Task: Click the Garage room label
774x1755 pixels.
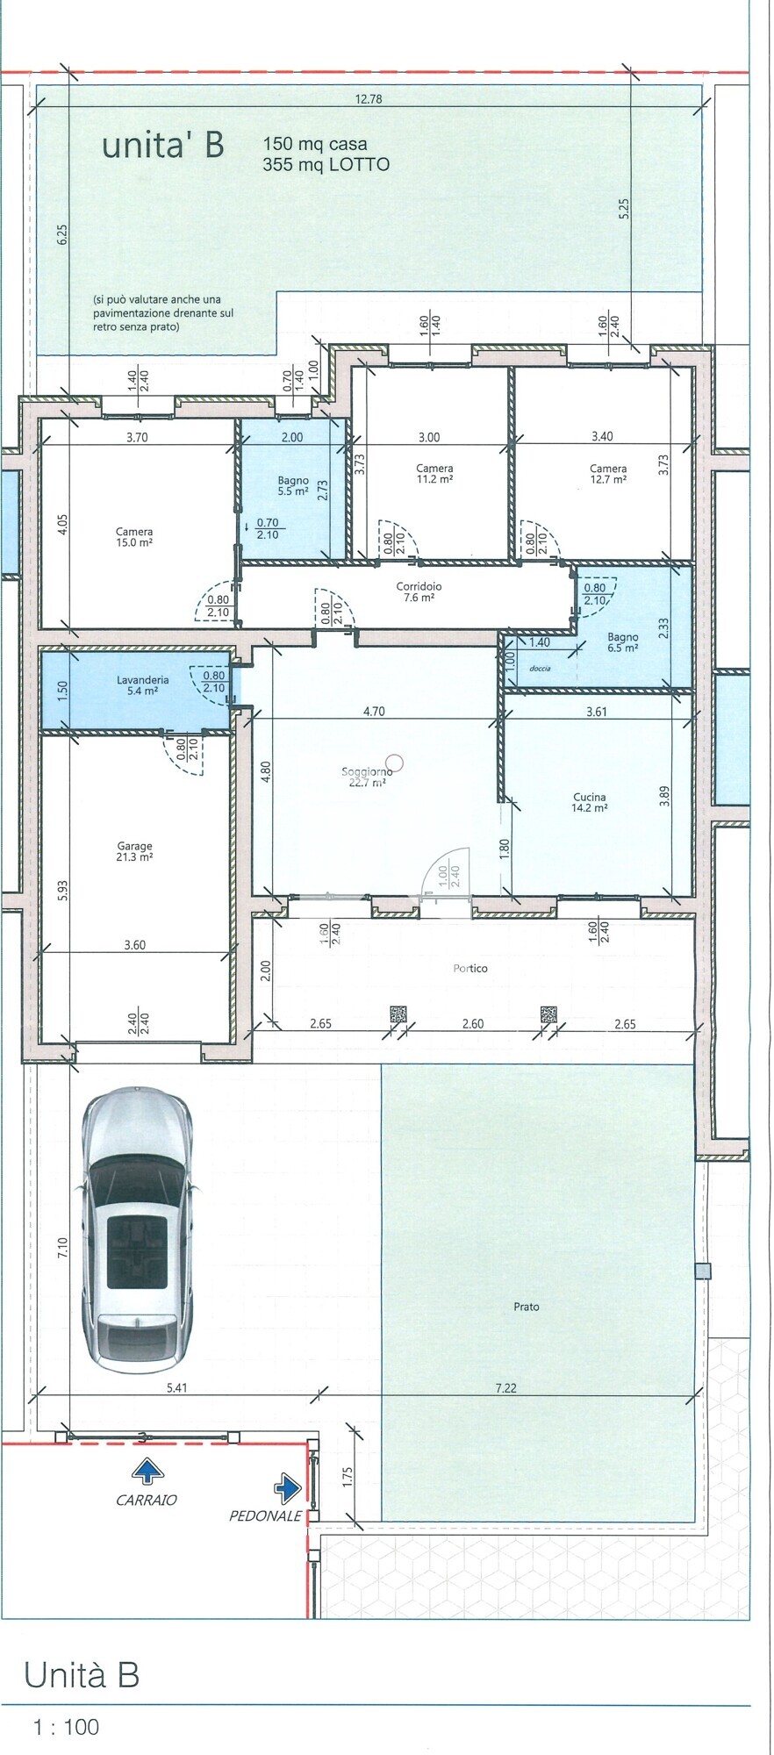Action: tap(135, 852)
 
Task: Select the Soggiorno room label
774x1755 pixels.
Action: tap(367, 777)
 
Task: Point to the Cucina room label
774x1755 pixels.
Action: tap(589, 803)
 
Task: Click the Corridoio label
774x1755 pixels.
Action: tap(419, 592)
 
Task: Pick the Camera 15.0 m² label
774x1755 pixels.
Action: tap(134, 537)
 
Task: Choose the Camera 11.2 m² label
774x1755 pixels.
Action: tap(434, 474)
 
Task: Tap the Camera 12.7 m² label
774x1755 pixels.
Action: tap(608, 474)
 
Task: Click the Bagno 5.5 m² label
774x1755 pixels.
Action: tap(293, 486)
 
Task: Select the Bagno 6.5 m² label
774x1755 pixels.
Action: tap(623, 642)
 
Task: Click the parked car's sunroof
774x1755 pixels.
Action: tap(137, 1250)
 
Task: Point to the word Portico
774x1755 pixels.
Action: tap(470, 969)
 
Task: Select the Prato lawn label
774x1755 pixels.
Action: tap(527, 1307)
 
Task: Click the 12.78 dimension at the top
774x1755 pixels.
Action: tap(369, 99)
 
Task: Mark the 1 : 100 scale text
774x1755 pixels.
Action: tap(66, 1727)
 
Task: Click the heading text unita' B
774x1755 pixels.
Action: tap(163, 145)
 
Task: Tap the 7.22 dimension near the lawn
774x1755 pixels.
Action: tap(506, 1388)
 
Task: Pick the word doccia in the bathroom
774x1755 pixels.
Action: tap(540, 669)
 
